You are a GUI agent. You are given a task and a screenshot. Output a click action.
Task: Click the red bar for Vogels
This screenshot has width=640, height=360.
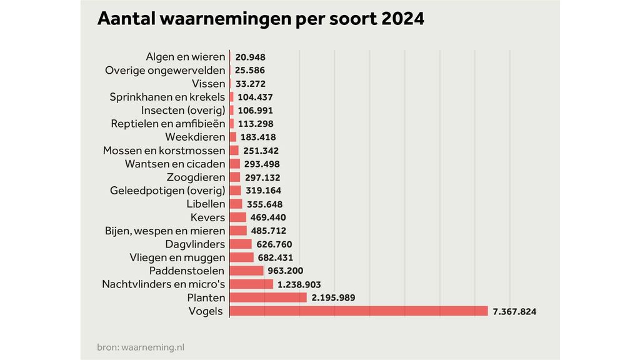point(359,311)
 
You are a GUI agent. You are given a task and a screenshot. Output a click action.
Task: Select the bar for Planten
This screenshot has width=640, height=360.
point(268,297)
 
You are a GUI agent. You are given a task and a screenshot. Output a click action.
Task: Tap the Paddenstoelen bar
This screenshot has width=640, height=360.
point(247,271)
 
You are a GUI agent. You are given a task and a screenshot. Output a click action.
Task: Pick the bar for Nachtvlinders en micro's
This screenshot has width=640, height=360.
point(251,284)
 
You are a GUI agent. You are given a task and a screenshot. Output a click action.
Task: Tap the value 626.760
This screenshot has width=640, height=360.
point(274,244)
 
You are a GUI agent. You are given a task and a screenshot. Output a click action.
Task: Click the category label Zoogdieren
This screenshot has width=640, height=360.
point(195,177)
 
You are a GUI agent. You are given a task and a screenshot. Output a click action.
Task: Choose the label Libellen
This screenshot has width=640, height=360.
point(206,204)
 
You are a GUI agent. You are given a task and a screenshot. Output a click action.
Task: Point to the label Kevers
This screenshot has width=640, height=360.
point(207,217)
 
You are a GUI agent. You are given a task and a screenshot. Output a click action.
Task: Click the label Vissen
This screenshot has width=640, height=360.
point(208,84)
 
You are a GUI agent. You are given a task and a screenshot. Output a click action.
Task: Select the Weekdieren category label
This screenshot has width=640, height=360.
point(195,137)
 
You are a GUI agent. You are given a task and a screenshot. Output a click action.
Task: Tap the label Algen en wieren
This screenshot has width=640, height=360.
point(185,57)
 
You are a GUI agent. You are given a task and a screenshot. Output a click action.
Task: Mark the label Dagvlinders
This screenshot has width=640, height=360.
point(195,244)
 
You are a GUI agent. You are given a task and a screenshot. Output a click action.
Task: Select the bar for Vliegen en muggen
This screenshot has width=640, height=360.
point(242,257)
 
